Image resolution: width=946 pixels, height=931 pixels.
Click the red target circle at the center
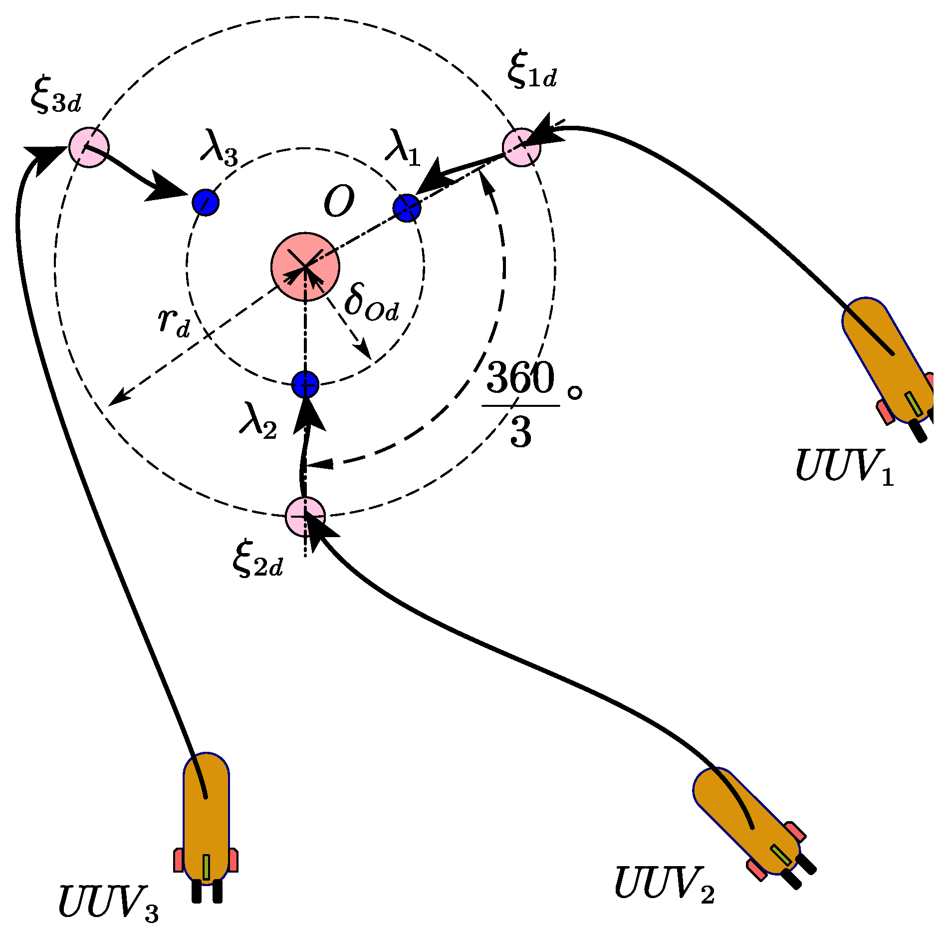(305, 267)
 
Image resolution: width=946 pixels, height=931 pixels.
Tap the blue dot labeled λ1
(407, 208)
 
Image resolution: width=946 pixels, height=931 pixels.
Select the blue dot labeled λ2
(305, 384)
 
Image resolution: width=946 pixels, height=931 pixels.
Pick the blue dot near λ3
(206, 202)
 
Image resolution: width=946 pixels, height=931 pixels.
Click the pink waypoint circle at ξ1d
(521, 147)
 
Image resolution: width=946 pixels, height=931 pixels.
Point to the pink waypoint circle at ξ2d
(305, 516)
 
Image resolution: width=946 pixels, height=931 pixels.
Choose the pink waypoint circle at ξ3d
(88, 147)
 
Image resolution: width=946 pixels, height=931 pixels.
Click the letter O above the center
(339, 202)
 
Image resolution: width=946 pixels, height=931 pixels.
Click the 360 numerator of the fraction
(520, 377)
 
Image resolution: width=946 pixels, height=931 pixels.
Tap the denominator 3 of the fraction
(520, 432)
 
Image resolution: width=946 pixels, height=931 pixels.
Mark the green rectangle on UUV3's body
(206, 867)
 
